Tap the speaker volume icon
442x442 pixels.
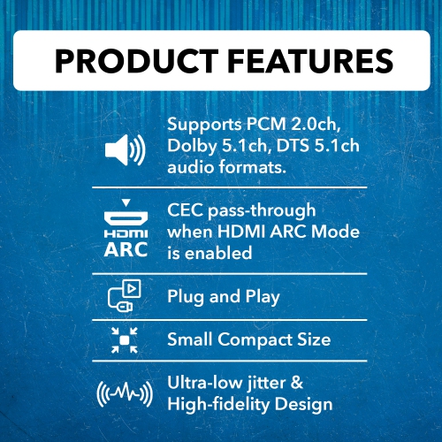coord(125,151)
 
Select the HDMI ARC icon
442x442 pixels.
coord(126,232)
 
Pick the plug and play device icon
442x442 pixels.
coord(125,296)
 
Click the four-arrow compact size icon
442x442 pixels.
coord(125,340)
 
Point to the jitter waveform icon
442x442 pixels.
coord(125,394)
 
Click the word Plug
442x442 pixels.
coord(185,297)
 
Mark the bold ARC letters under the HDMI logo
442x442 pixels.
coord(126,250)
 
